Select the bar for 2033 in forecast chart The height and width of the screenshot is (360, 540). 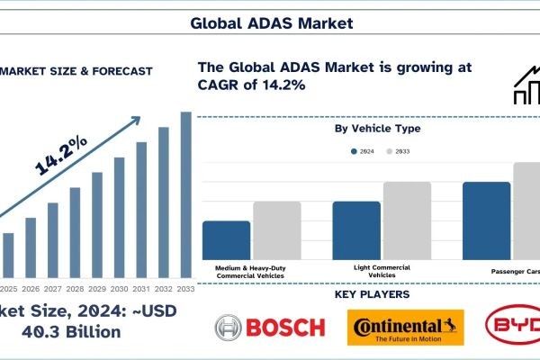(x=186, y=194)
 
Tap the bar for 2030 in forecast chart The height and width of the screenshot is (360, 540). (x=120, y=217)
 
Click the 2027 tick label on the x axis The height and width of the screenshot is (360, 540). (x=53, y=288)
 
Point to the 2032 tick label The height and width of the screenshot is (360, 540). (x=164, y=288)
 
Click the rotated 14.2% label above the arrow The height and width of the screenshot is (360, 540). (x=61, y=154)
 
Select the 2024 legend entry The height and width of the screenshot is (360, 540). (x=362, y=152)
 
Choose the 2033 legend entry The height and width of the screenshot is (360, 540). (x=400, y=152)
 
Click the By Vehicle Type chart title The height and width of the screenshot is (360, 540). (x=377, y=129)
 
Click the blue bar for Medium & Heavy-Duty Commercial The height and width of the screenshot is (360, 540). (x=226, y=240)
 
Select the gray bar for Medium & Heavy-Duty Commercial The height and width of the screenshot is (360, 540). (x=276, y=230)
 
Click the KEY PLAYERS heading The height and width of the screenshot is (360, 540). (x=372, y=294)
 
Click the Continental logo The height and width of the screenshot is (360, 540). (x=404, y=328)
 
